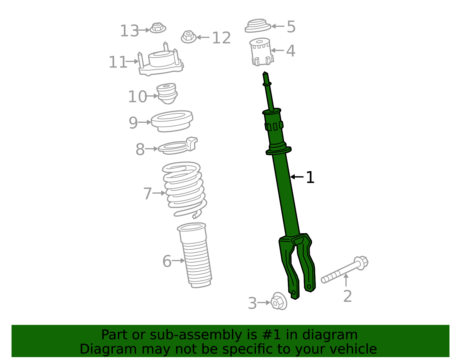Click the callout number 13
tap(129, 31)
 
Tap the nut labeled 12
tap(188, 37)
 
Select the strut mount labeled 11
tap(161, 62)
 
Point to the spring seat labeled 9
tap(172, 121)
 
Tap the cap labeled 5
tap(257, 26)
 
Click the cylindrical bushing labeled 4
tap(261, 52)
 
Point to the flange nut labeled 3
tap(278, 301)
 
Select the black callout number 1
tap(310, 177)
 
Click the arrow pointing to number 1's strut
tap(297, 177)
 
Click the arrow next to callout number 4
tap(277, 50)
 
